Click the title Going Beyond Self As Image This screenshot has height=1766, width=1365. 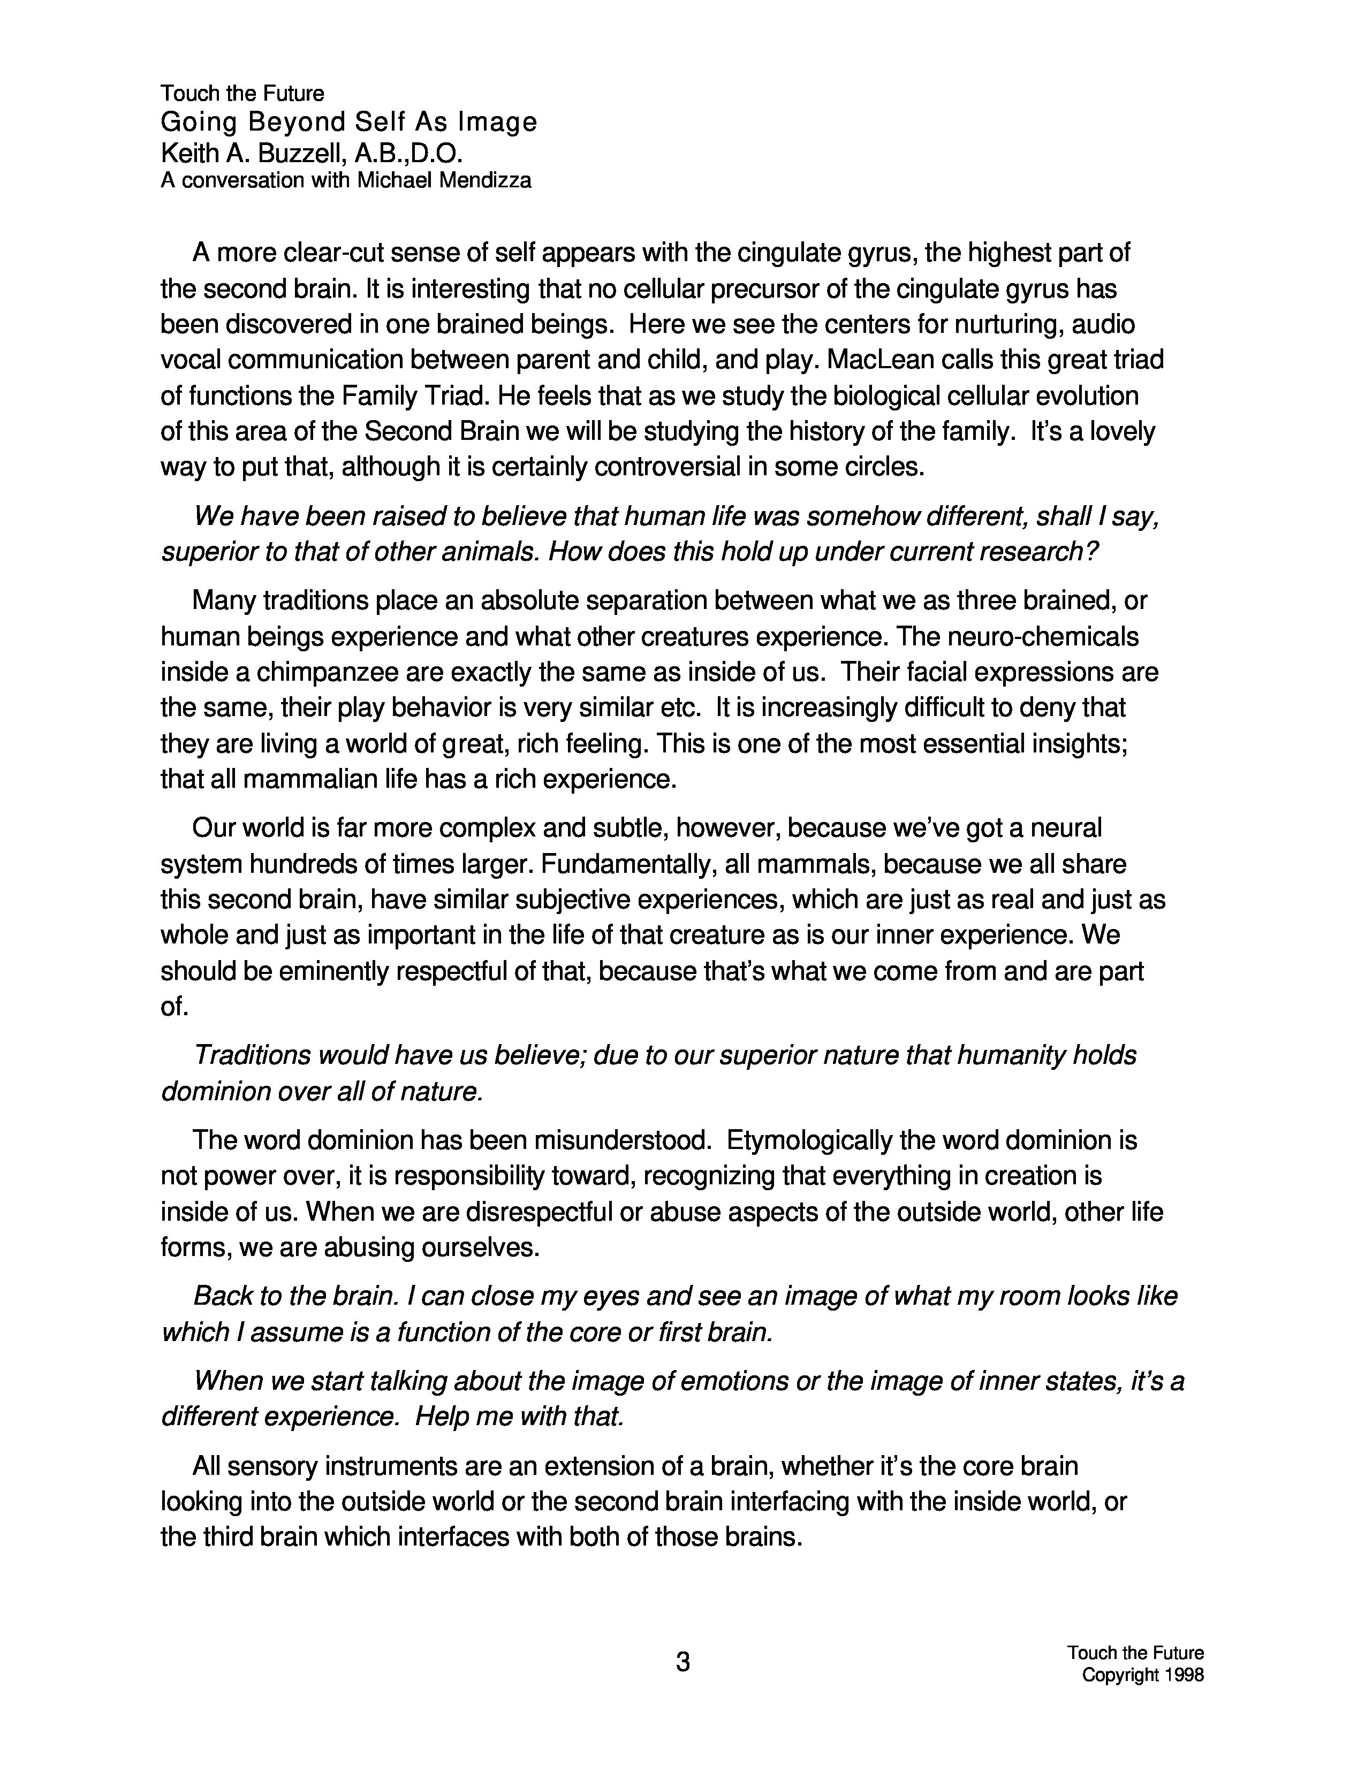[348, 122]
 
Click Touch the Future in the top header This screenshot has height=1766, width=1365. [242, 94]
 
